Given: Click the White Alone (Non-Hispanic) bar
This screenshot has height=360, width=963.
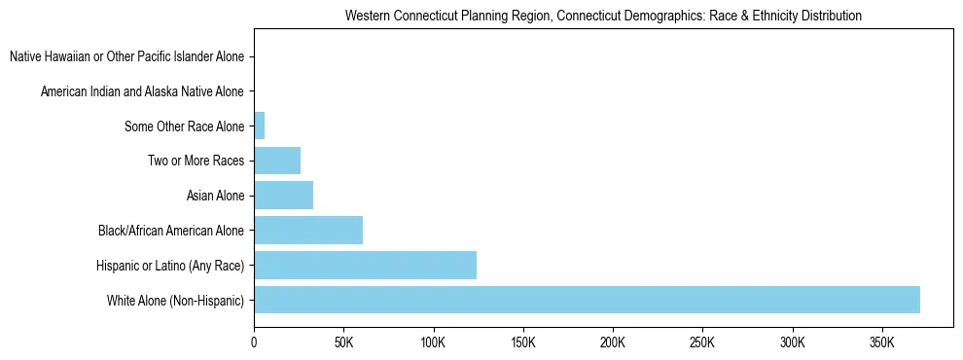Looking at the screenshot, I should [587, 300].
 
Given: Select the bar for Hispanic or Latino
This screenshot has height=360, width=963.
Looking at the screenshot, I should [365, 265].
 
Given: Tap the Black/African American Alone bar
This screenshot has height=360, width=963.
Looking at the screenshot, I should [308, 231].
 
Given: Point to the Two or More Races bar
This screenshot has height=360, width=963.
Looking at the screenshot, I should [277, 161].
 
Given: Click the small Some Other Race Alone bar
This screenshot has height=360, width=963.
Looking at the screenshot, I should [260, 126].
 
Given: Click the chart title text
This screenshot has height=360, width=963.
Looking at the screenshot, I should [604, 17].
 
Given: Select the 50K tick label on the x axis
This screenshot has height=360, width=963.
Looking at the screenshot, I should [343, 342].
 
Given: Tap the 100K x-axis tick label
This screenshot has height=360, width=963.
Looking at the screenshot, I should [433, 342].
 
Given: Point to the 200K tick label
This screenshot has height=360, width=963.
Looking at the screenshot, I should [613, 342].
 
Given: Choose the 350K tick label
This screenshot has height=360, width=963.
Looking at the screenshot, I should [881, 342].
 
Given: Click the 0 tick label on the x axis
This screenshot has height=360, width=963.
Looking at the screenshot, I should [254, 342].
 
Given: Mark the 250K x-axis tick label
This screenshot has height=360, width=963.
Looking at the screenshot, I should [702, 342].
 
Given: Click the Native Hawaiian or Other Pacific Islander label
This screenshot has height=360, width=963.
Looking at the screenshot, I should [127, 57].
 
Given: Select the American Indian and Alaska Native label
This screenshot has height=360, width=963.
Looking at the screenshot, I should [143, 92].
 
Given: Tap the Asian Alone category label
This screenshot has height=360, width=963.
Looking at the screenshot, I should [216, 196].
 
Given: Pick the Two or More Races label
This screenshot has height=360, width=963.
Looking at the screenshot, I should [196, 161].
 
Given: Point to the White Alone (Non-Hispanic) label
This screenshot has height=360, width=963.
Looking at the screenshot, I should [176, 300].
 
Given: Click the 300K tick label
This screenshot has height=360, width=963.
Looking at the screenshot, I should [792, 342].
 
